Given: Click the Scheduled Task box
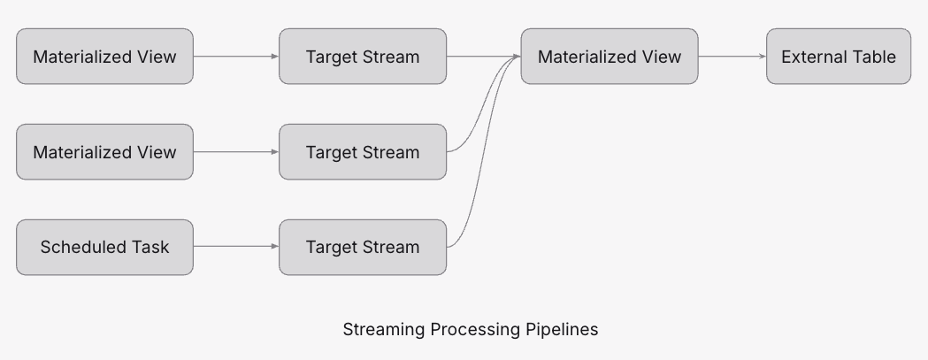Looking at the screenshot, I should tap(104, 248).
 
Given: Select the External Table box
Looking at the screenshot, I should tap(838, 57).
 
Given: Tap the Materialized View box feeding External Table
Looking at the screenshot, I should tap(609, 57).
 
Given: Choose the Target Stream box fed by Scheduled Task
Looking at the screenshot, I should tap(363, 248).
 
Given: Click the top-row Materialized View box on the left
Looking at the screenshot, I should tap(104, 57).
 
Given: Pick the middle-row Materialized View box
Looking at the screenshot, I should tap(104, 152).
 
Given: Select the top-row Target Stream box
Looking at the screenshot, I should tap(363, 57).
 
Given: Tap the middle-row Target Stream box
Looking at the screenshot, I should tap(363, 152).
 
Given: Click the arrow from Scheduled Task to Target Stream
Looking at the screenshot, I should tap(235, 247).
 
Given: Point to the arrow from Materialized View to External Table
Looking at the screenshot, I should tap(732, 57).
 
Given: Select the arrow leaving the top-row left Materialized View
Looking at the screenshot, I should tap(235, 57).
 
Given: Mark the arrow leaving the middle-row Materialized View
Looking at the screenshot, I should tap(235, 152).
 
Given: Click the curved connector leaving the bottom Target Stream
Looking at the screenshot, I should tap(481, 159).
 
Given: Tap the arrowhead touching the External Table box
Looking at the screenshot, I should tap(762, 57).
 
